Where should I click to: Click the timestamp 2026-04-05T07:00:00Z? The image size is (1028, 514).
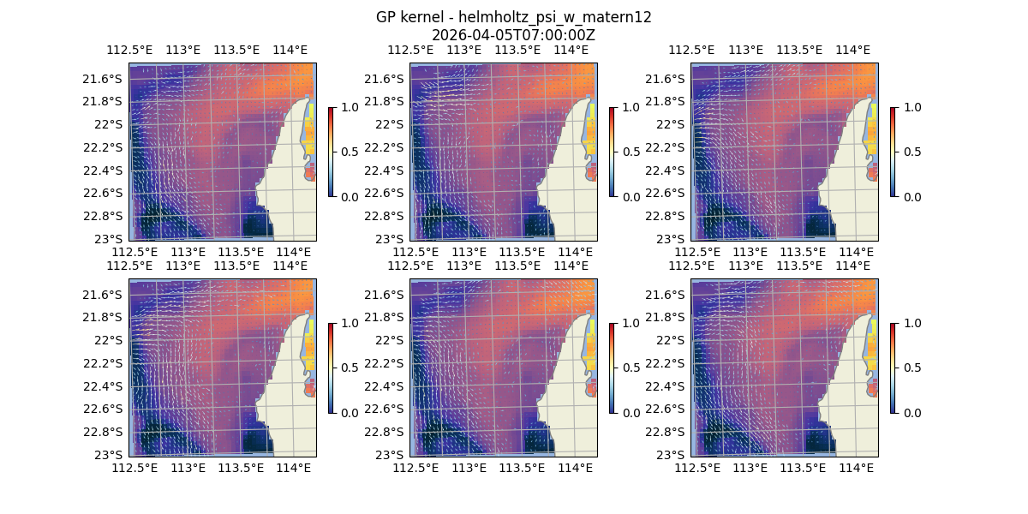click(x=513, y=35)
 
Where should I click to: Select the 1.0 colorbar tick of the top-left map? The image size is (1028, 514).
click(x=349, y=107)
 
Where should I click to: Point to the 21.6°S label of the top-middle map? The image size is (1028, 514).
click(x=385, y=79)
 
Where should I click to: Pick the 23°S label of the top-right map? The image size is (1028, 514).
click(x=672, y=238)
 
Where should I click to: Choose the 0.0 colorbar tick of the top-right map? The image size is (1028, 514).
click(x=911, y=196)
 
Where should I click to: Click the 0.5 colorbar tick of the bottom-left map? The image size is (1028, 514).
click(x=349, y=368)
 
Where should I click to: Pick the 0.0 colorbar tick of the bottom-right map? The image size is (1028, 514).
click(x=911, y=412)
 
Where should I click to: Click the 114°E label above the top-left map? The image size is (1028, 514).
click(x=290, y=50)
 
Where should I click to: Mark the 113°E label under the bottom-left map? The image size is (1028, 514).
click(x=188, y=468)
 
